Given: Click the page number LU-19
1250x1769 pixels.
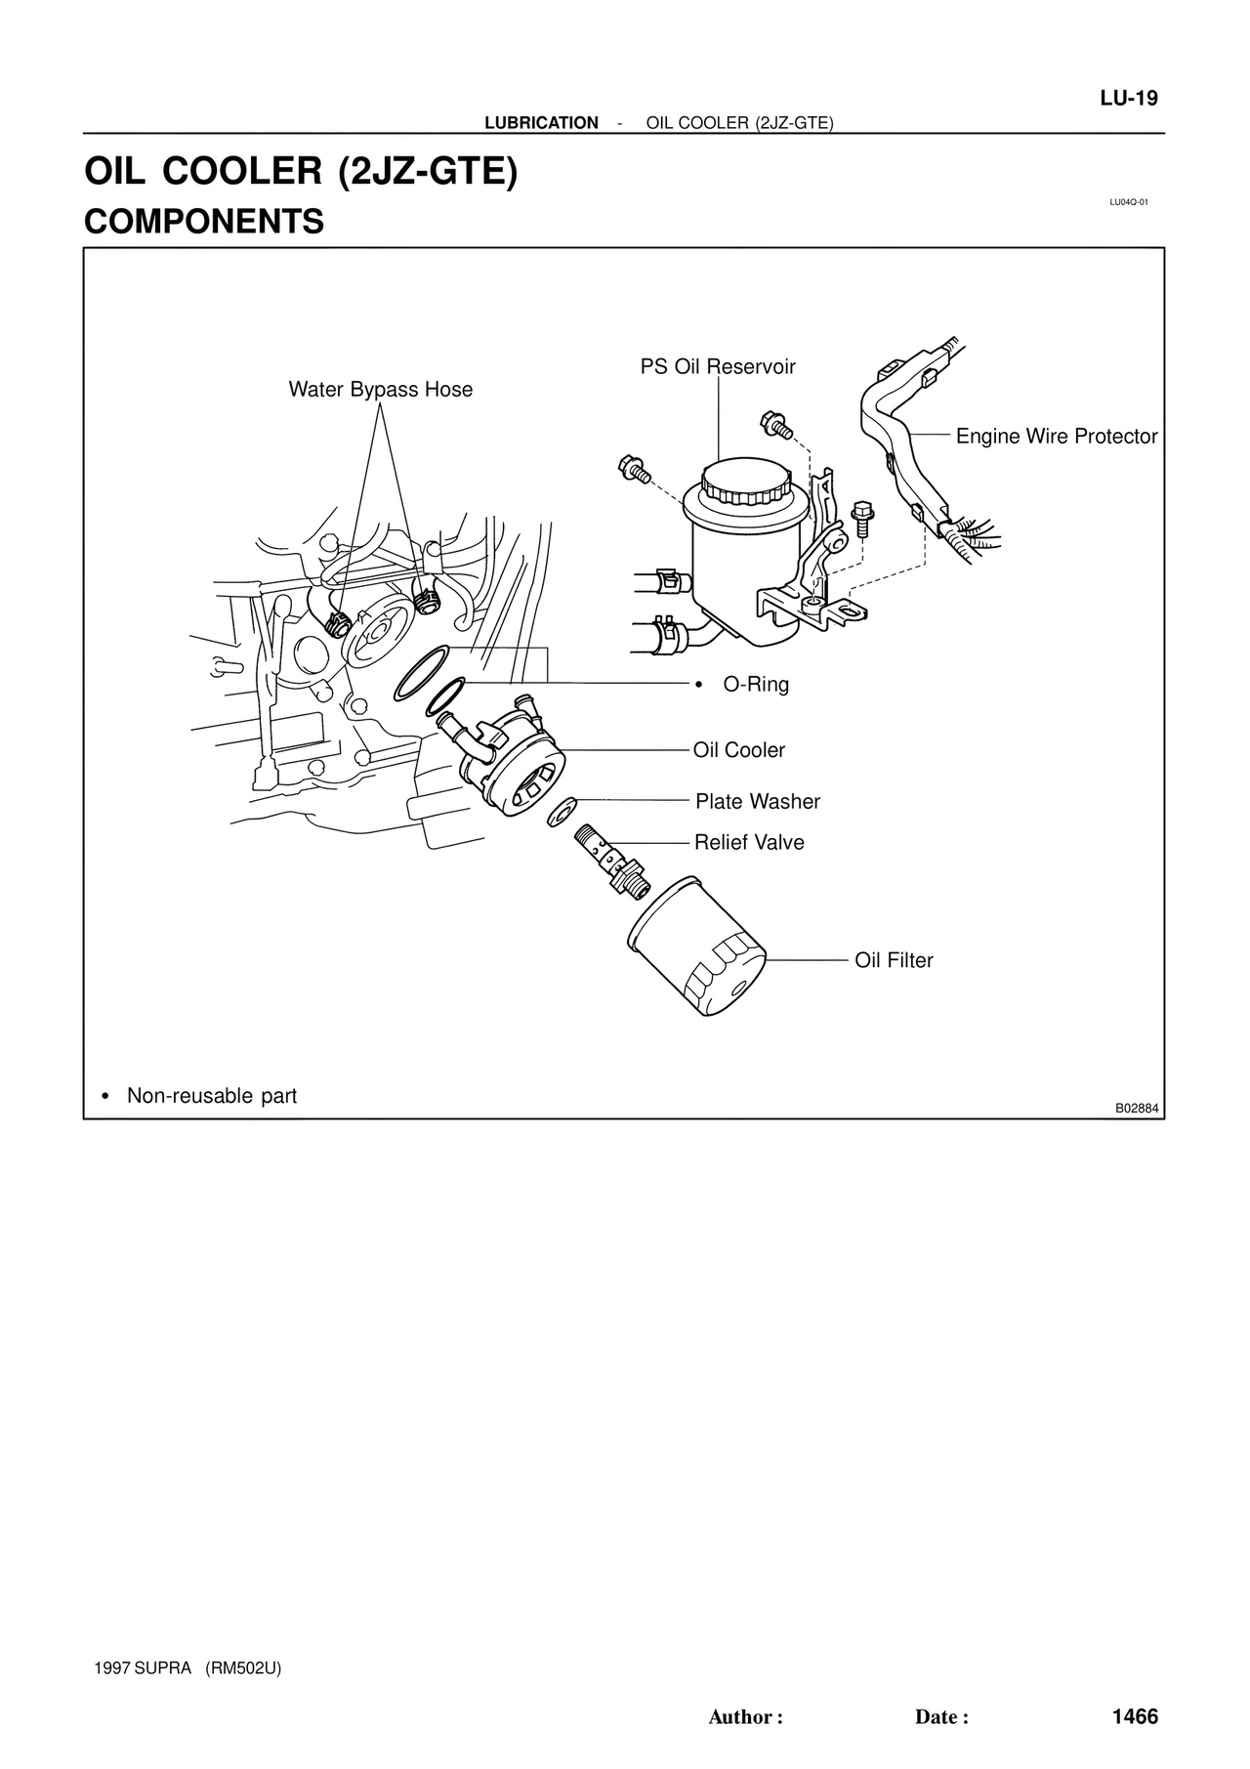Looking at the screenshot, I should [1128, 99].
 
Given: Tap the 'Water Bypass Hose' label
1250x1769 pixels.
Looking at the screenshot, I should [380, 390].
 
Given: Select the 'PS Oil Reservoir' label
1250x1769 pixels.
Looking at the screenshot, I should [718, 367].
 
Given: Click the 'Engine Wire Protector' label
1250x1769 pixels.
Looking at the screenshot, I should [1057, 437].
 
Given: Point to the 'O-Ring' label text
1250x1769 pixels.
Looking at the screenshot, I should [755, 685].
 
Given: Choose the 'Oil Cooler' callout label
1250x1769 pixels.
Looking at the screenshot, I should [739, 750].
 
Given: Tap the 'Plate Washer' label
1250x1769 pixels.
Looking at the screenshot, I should [757, 802].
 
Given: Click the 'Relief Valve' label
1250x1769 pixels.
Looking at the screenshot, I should [749, 842].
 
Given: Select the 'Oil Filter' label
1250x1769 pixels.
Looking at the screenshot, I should [894, 960].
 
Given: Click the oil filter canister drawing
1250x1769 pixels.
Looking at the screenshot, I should [694, 948].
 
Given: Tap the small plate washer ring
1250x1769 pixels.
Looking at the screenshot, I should [562, 809].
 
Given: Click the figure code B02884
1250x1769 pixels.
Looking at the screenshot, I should [1137, 1109].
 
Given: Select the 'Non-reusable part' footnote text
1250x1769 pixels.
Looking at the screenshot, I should [211, 1096].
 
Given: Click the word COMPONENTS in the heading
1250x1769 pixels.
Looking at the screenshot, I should [204, 222].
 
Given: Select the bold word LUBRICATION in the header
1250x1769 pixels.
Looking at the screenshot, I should [541, 123].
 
